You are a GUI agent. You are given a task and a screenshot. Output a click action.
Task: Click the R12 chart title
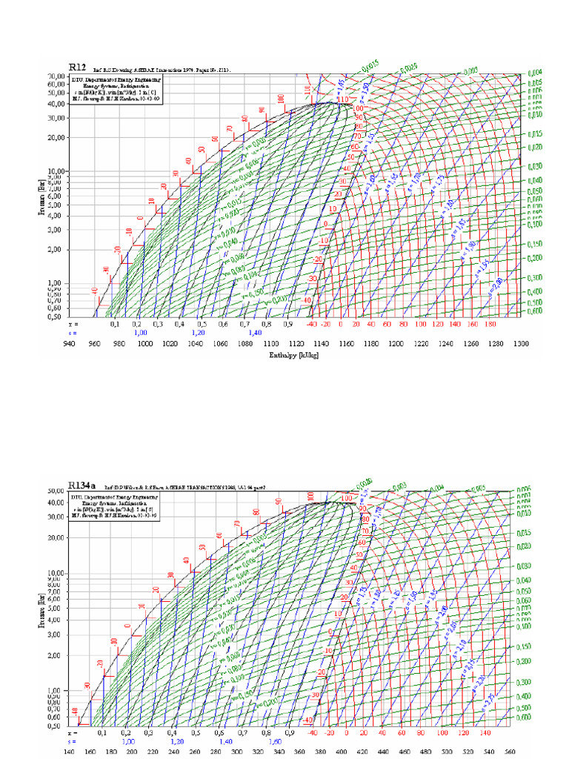point(78,67)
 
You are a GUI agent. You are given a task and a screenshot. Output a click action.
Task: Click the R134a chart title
point(82,485)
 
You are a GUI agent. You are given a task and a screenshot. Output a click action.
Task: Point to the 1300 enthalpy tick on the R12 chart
point(521,344)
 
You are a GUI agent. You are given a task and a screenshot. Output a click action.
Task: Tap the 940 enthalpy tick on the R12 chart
point(70,344)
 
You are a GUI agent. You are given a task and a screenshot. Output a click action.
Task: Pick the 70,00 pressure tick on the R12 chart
point(57,76)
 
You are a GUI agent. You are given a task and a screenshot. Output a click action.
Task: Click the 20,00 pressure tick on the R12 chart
point(57,137)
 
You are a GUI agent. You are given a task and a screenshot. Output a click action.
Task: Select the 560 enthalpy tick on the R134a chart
point(510,751)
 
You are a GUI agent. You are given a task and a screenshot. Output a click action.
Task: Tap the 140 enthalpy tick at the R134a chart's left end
point(70,751)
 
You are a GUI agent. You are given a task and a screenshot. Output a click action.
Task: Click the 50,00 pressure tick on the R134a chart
point(57,491)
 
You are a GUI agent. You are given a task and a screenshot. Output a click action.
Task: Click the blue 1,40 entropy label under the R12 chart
point(255,334)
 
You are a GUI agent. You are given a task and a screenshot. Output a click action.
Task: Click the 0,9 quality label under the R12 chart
point(287,325)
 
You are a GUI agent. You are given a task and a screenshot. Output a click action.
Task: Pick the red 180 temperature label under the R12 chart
point(489,325)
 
